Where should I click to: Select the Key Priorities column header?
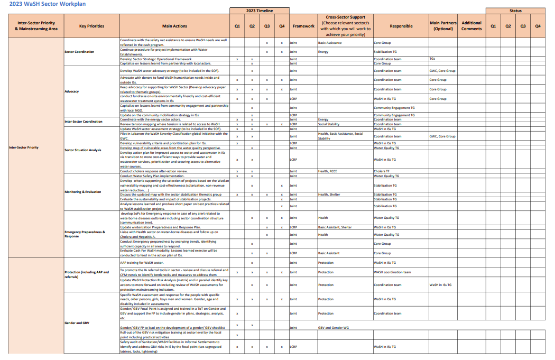pos(91,26)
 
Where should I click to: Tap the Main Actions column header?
pos(174,26)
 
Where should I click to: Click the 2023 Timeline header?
pos(260,11)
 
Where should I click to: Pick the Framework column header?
pos(303,26)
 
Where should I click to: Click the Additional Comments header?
pos(471,26)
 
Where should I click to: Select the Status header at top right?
pos(515,11)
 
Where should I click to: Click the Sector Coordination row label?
pos(79,52)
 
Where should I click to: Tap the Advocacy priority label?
pos(71,91)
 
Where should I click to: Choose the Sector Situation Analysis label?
pos(83,150)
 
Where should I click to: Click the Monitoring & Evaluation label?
pos(82,192)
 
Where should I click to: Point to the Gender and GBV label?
pos(77,322)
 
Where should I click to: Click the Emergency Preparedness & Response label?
pos(85,234)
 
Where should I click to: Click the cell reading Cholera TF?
pos(382,171)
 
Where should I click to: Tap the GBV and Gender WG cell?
pos(334,328)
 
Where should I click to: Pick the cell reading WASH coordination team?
pos(392,272)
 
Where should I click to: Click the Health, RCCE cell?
pos(327,171)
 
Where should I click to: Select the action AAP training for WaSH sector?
pos(142,263)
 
